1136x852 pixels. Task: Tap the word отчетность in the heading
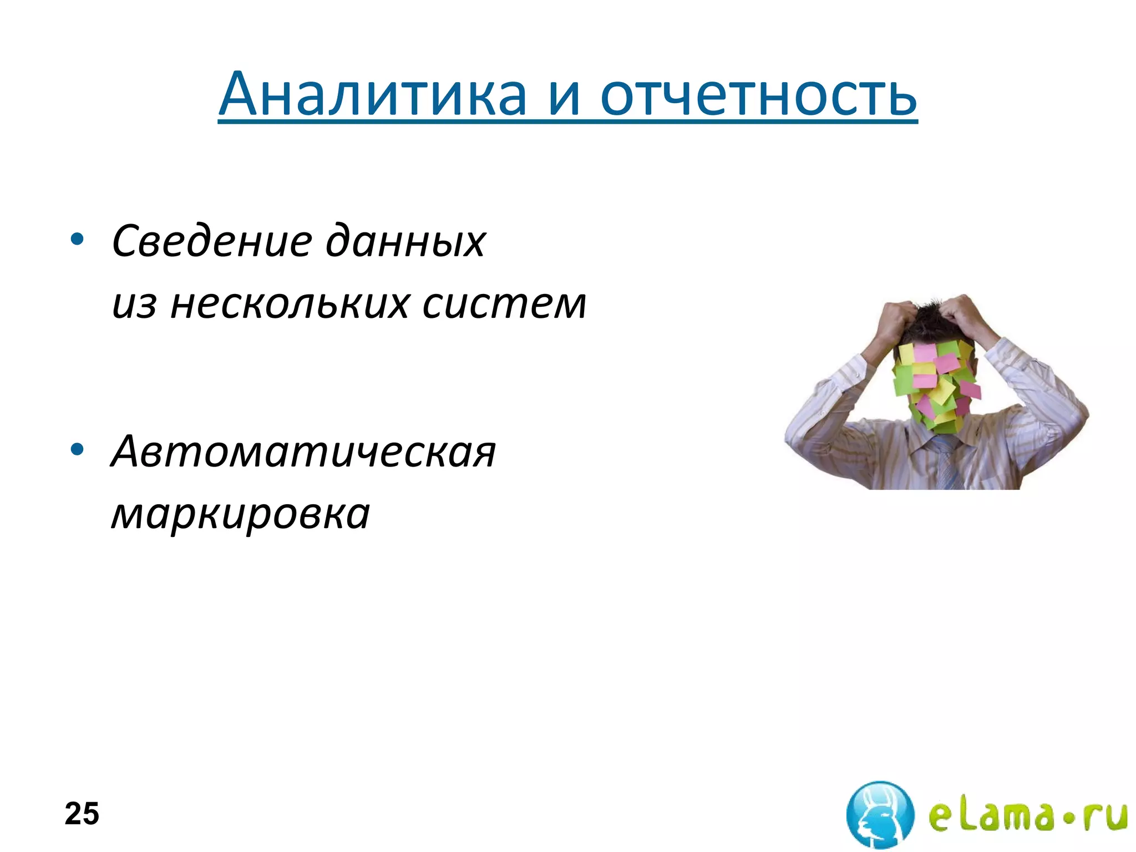click(x=758, y=95)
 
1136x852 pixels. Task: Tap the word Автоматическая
click(x=303, y=452)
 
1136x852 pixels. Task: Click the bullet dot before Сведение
click(x=77, y=240)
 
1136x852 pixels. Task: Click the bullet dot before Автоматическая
click(x=77, y=449)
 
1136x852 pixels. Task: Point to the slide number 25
click(x=82, y=814)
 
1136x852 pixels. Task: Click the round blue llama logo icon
click(x=880, y=814)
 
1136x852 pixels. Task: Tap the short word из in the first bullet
click(x=134, y=305)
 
